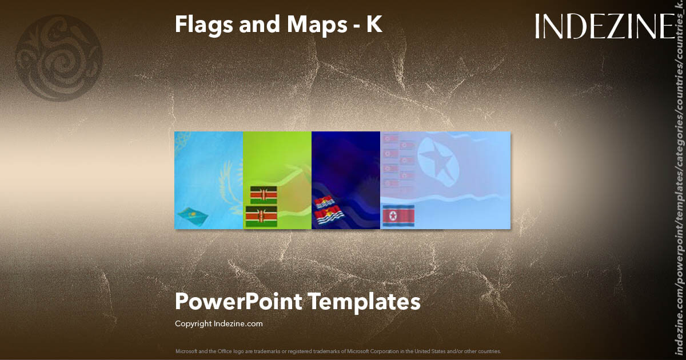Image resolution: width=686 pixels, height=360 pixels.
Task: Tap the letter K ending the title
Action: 374,25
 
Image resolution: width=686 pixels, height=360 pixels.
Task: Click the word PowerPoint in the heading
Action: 237,301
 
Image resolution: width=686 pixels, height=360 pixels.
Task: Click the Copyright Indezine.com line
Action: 218,324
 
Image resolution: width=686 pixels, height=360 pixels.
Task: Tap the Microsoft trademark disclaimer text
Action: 338,351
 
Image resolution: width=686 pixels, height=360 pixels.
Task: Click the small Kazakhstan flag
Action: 192,214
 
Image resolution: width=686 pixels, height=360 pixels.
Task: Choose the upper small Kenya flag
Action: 263,195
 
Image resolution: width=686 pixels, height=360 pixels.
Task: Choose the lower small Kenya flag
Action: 261,217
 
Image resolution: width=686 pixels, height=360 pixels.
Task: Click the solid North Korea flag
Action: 398,215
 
